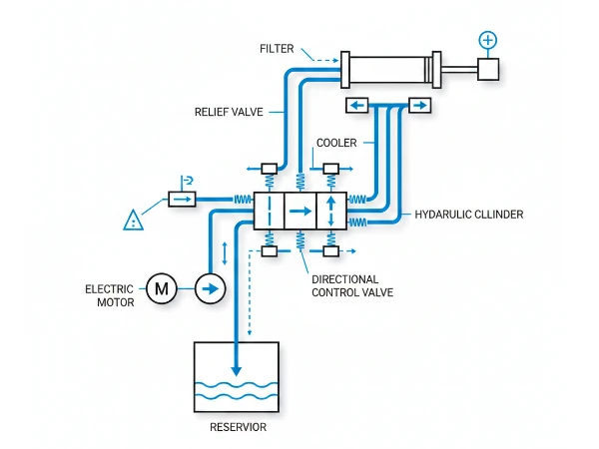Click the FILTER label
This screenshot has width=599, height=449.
tap(277, 49)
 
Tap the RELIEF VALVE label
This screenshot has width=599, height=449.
tap(228, 113)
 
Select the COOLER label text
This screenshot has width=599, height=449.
tap(335, 143)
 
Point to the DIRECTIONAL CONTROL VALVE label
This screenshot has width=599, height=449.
tap(352, 286)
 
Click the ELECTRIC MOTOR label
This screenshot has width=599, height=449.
tap(109, 295)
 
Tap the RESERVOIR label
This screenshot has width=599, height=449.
tap(238, 428)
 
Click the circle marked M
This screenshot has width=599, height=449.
tap(161, 289)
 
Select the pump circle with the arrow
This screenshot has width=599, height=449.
tap(210, 289)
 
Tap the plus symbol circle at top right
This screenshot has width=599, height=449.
tap(487, 40)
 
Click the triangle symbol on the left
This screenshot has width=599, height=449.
tap(132, 221)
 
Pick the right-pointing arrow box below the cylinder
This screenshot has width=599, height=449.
tap(418, 105)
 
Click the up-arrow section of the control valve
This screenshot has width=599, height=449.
tap(330, 211)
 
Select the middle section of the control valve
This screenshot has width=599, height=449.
tap(299, 211)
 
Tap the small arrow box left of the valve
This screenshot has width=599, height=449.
tap(181, 200)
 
